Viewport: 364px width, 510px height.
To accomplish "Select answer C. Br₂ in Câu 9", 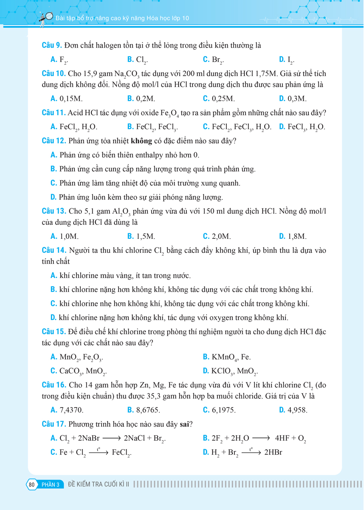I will [214, 59].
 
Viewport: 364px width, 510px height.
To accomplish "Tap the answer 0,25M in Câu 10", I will [223, 99].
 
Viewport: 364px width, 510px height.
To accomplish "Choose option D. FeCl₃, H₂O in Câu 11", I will [302, 127].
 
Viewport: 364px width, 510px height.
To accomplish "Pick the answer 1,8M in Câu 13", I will [297, 236].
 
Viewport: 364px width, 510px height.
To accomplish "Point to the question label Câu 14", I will [54, 250].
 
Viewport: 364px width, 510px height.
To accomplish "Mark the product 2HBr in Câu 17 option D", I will [273, 452].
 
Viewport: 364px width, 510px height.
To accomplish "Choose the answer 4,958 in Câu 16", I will [297, 410].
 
